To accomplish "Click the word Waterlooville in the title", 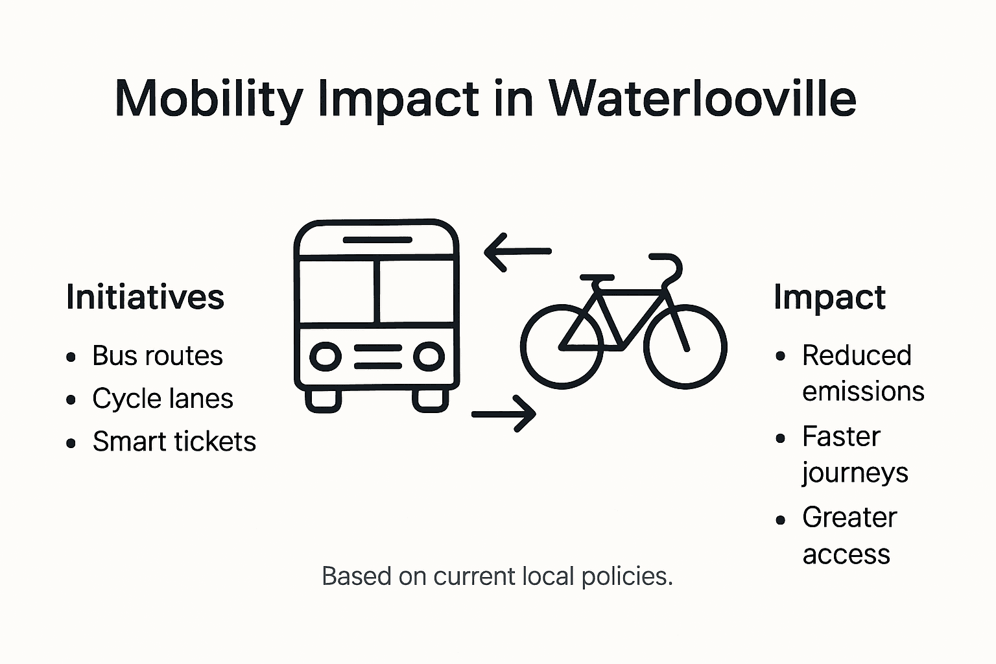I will (x=702, y=99).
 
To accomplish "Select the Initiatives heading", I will (x=145, y=297).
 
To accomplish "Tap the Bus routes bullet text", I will (x=158, y=355).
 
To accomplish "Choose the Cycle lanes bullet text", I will (x=163, y=398).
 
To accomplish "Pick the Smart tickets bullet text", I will (x=174, y=441).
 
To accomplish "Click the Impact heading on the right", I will (x=829, y=297).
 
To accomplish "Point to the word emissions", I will (x=863, y=392).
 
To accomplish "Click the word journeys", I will (x=855, y=473).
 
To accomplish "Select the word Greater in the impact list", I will (x=849, y=517).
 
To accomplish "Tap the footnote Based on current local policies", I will (x=497, y=576).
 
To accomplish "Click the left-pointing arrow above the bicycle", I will (x=517, y=251).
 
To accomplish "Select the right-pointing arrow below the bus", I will (x=504, y=413).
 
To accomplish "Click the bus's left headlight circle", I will (x=326, y=357).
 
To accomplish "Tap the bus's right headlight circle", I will (x=429, y=357).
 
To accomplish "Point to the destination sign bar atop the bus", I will (x=377, y=240).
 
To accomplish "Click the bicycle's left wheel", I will (x=562, y=346).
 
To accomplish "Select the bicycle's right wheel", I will (x=685, y=346).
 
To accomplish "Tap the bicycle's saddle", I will (x=597, y=278).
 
